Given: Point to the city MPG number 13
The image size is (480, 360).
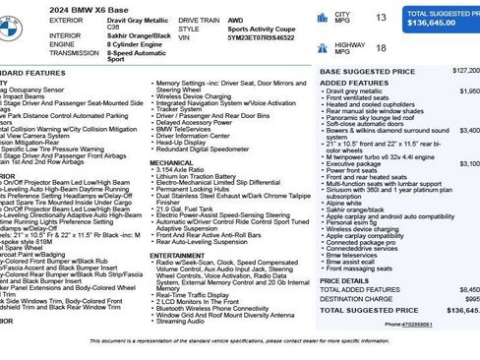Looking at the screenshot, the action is point(380,18).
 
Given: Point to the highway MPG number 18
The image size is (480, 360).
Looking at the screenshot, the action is point(380,46).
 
